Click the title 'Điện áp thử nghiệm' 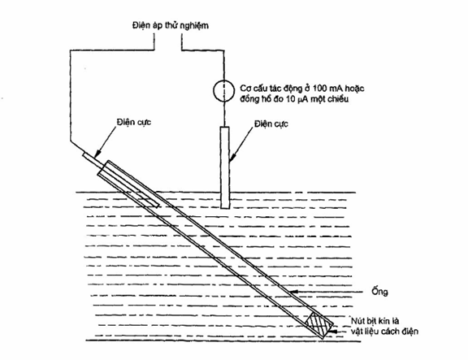click(x=171, y=25)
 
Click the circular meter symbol click(x=223, y=90)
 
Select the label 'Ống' click(x=379, y=291)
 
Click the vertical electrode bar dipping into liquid click(x=225, y=167)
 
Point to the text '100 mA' click(x=326, y=89)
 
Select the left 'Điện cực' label click(x=134, y=122)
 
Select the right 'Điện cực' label click(x=271, y=124)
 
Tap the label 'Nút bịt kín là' click(x=375, y=321)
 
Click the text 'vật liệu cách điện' click(x=384, y=332)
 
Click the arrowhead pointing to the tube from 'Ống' click(x=295, y=292)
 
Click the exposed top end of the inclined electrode click(x=84, y=154)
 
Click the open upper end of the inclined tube click(x=102, y=168)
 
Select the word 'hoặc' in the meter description click(x=354, y=89)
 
